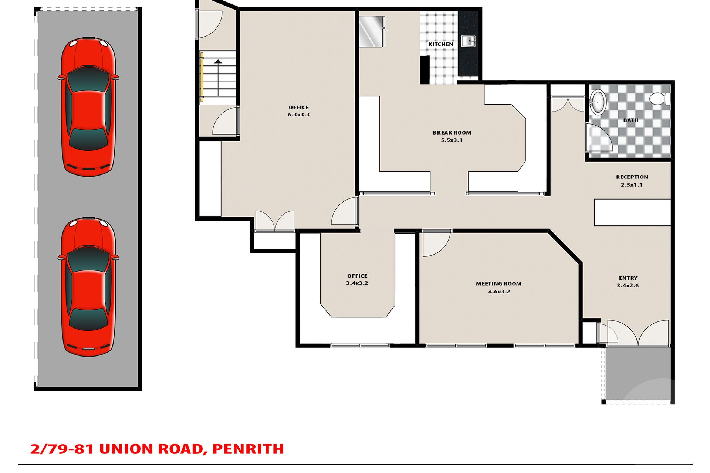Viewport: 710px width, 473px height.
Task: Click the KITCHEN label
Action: (440, 44)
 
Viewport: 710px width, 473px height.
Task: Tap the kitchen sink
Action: (468, 41)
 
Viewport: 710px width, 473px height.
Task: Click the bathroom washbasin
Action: (598, 102)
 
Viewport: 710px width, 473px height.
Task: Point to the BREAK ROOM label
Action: (452, 133)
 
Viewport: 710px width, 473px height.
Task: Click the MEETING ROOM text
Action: (498, 284)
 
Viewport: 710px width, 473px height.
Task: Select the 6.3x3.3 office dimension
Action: (298, 115)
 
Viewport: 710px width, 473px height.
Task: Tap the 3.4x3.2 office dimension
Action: (357, 283)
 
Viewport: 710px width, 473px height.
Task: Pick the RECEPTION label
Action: (632, 177)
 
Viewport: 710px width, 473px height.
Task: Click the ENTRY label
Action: (628, 278)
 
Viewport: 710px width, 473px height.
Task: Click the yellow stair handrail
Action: (202, 77)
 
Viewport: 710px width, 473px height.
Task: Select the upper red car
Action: (88, 107)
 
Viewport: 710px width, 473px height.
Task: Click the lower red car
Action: (88, 287)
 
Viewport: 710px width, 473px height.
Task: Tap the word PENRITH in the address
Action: (248, 449)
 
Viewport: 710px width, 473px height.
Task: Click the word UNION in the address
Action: (126, 449)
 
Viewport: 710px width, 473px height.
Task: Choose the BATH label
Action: (631, 120)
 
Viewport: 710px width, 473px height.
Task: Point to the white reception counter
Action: (632, 212)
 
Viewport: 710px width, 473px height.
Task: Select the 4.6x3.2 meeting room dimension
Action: (499, 292)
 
